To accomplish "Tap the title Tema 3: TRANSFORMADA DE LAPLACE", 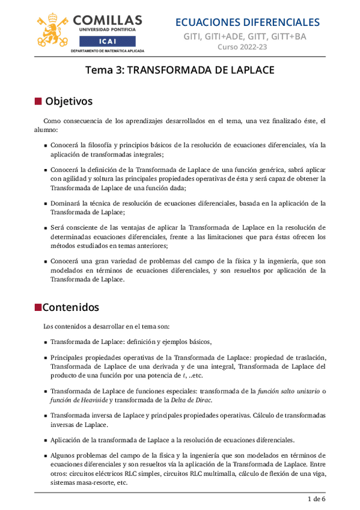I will pos(180,70).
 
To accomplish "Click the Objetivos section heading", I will pos(69,100).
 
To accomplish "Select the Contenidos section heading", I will pos(70,307).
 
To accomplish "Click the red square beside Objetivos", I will pos(38,100).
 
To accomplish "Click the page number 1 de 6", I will pos(316,499).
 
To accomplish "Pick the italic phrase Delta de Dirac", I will pos(191,400).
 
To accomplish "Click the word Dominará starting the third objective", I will pos(66,203).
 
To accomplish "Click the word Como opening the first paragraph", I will pos(53,120).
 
